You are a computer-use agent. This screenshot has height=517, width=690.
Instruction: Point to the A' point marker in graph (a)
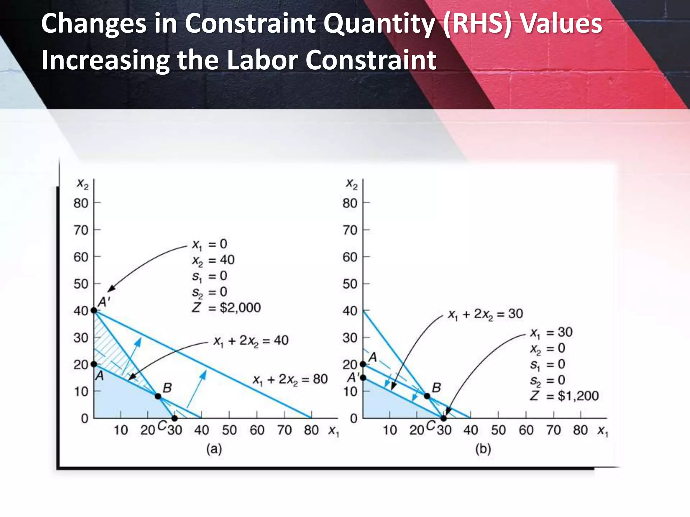point(94,310)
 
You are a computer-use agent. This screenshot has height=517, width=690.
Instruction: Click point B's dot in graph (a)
point(158,396)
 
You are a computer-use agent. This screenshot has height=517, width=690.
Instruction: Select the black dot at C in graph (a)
point(174,418)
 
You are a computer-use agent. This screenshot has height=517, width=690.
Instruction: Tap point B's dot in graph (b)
point(427,396)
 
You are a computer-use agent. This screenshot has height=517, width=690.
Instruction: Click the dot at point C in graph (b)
point(443,418)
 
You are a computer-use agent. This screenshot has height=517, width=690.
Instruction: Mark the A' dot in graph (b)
point(363,378)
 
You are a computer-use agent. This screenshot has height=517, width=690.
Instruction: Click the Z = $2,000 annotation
point(226,307)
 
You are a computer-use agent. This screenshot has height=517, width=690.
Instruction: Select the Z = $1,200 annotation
point(564,396)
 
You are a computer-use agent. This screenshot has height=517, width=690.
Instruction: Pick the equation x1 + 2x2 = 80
point(290,380)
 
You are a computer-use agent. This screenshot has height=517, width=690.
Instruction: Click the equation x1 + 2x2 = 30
point(485,314)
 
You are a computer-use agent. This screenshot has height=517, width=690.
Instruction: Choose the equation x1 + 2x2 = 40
point(251,341)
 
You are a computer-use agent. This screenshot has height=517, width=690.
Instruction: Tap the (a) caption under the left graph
point(214,449)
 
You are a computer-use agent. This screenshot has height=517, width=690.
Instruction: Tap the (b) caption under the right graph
point(483,449)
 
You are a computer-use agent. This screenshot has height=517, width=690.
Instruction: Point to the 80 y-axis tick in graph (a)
point(81,203)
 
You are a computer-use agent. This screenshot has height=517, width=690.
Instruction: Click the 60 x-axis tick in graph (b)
point(526,430)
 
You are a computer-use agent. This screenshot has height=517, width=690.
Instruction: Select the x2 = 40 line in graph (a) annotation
point(213,260)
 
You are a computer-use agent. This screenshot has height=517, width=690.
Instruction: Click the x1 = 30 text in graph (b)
point(551,333)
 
